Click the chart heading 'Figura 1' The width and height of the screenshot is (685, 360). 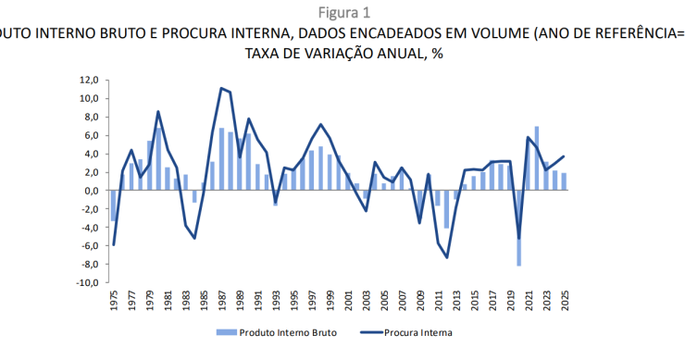click(343, 12)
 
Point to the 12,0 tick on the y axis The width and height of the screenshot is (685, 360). click(89, 81)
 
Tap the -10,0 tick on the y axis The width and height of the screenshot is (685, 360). click(87, 283)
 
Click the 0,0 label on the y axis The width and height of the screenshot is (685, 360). click(91, 191)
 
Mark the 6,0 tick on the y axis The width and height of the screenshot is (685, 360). click(91, 135)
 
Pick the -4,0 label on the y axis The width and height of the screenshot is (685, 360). click(89, 228)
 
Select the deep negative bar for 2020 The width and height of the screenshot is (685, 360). click(518, 228)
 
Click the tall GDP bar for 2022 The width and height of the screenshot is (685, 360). click(537, 158)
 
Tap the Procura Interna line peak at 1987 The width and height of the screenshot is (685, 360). click(221, 88)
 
